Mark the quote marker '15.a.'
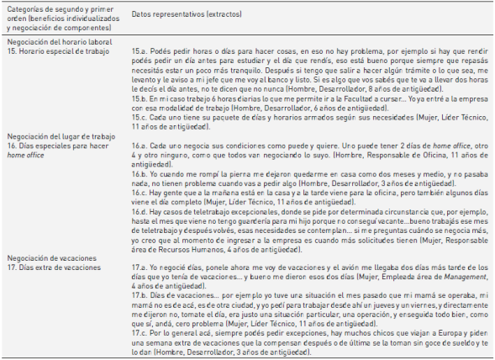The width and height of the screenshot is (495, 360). (x=141, y=52)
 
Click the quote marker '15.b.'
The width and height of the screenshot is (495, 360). (x=141, y=101)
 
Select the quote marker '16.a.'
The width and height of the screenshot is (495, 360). (x=141, y=146)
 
